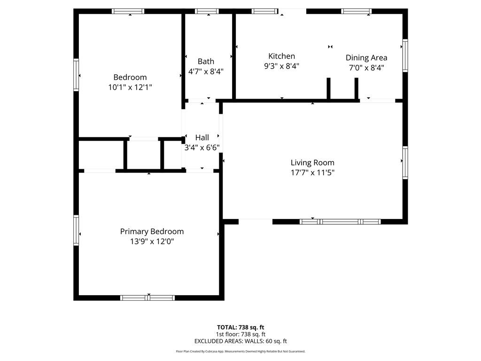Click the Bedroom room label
click(130, 77)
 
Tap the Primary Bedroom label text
click(152, 231)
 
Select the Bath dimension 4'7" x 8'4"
click(206, 71)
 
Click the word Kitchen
click(281, 56)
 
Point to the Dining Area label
click(366, 57)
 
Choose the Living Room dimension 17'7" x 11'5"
click(312, 173)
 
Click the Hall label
click(202, 137)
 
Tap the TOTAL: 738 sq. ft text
click(240, 327)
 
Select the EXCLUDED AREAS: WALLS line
click(240, 341)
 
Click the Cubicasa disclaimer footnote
click(240, 351)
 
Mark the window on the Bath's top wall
click(207, 11)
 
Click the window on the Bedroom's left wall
click(76, 74)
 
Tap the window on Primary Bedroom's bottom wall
click(147, 298)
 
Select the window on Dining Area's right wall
click(405, 55)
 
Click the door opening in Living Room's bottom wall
click(256, 221)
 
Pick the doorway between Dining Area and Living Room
click(377, 100)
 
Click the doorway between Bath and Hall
click(202, 101)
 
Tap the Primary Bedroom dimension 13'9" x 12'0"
click(152, 242)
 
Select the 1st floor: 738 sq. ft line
click(240, 334)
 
